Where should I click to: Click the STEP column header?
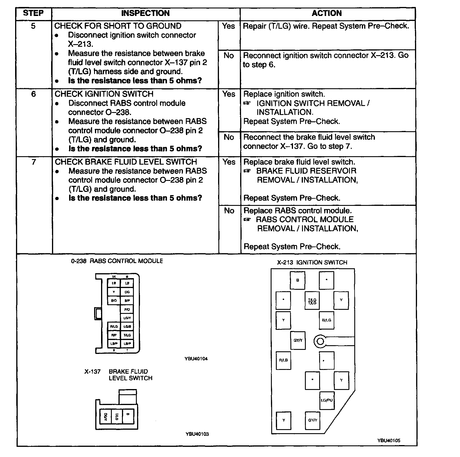[x=33, y=13]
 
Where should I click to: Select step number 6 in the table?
[x=34, y=94]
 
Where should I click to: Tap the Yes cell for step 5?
[x=229, y=26]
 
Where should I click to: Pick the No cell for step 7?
[x=229, y=210]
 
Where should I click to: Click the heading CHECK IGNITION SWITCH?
[x=104, y=94]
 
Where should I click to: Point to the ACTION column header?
[x=327, y=13]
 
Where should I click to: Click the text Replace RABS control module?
[x=298, y=210]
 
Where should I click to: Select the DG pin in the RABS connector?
[x=127, y=292]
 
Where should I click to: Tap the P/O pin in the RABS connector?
[x=127, y=310]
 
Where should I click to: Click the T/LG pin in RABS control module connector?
[x=127, y=335]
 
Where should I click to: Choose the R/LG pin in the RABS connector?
[x=114, y=327]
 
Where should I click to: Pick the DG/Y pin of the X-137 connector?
[x=105, y=417]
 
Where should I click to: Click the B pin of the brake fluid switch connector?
[x=128, y=417]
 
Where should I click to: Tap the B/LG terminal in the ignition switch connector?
[x=326, y=320]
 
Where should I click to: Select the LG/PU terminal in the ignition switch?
[x=327, y=400]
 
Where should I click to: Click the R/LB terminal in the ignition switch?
[x=283, y=360]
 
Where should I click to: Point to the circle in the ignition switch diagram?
[x=320, y=341]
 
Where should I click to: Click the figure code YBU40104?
[x=196, y=359]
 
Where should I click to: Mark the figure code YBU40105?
[x=389, y=440]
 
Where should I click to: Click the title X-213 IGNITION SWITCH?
[x=312, y=262]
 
